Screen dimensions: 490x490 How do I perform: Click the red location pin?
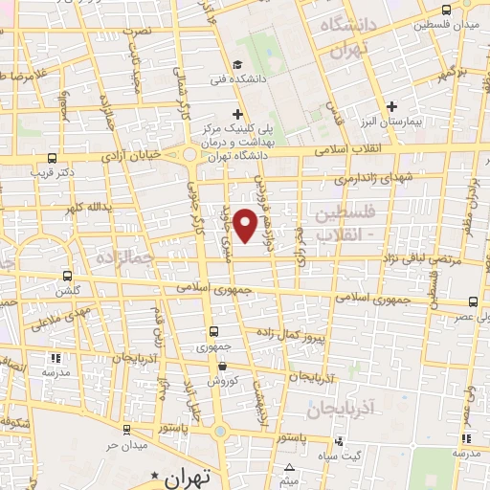click(x=246, y=225)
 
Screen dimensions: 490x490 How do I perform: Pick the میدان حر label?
click(x=124, y=446)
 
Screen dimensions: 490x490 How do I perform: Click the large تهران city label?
click(x=185, y=476)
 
